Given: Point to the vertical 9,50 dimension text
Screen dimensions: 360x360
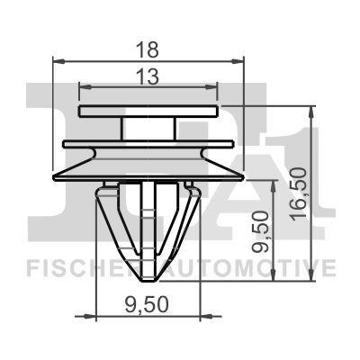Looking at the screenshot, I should point(264,232).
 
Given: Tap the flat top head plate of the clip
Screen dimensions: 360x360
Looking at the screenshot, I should point(149,112).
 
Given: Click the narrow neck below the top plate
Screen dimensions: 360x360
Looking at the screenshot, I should point(148,129).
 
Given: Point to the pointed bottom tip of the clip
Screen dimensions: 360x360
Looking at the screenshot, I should point(149,281).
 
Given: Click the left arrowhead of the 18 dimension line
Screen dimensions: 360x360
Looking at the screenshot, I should point(58,60).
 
